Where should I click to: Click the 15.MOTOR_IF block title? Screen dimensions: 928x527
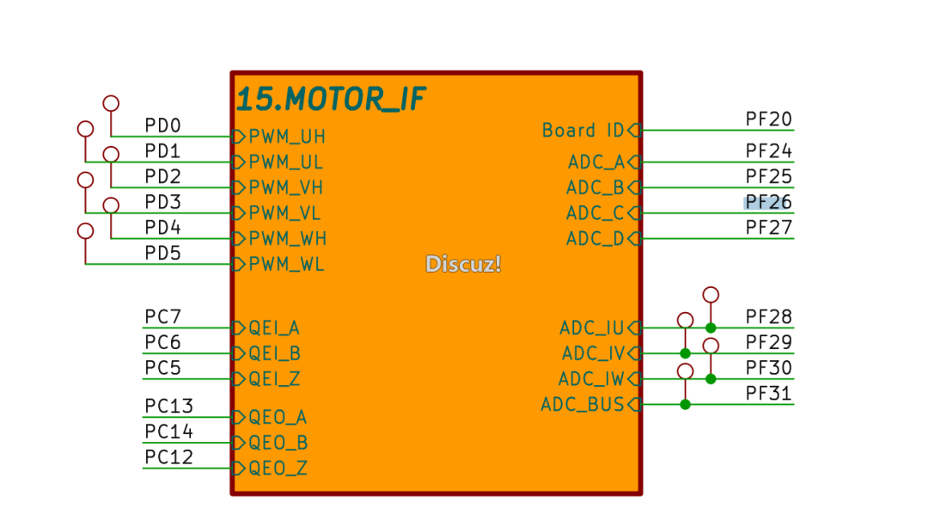click(x=331, y=100)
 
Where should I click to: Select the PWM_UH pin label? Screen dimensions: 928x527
click(x=287, y=137)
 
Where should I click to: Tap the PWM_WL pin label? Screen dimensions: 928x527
click(x=287, y=265)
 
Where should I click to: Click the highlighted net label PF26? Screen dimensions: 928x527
click(x=768, y=203)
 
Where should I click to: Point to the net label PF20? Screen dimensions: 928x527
click(x=768, y=119)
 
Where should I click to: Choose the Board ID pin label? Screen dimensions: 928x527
click(x=583, y=131)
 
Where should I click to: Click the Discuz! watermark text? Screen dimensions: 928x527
click(x=463, y=264)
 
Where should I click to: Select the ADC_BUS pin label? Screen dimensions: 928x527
click(x=582, y=405)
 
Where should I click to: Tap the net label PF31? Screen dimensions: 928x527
click(x=768, y=395)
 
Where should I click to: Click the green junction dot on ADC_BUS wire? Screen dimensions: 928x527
click(x=685, y=405)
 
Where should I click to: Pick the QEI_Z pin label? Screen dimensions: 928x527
click(x=274, y=379)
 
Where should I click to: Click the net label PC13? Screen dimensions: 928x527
click(x=168, y=406)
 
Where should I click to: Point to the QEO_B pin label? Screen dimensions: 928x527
click(x=278, y=444)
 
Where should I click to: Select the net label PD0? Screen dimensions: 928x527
click(x=162, y=126)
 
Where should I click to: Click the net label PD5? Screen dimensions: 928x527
click(x=162, y=254)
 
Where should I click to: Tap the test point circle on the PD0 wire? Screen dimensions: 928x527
click(x=111, y=104)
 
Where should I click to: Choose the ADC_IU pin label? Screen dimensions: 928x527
click(x=591, y=328)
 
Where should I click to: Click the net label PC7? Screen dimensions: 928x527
click(x=162, y=317)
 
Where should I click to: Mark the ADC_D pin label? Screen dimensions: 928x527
click(x=595, y=239)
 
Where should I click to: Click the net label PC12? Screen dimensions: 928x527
click(x=168, y=457)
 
